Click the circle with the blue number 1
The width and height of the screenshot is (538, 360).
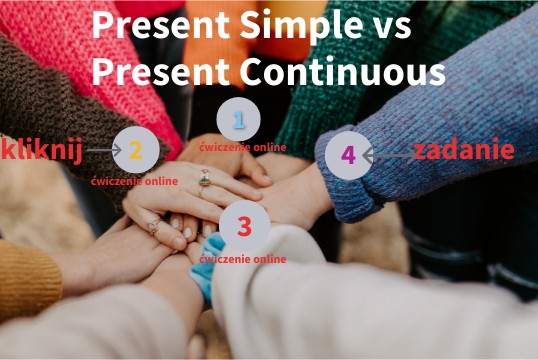click(x=238, y=119)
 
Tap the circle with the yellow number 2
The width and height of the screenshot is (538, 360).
click(x=136, y=150)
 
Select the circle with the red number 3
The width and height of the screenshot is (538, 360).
click(x=244, y=226)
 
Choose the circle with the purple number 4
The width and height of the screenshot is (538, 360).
click(x=348, y=155)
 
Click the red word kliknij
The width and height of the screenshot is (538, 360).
click(x=42, y=150)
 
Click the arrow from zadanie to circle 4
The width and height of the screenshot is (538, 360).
click(x=388, y=155)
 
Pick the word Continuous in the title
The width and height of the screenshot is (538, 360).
click(x=340, y=71)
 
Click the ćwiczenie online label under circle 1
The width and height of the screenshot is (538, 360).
click(x=242, y=147)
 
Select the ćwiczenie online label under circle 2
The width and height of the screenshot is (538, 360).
click(x=134, y=181)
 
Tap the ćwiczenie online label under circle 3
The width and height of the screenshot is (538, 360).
click(x=243, y=259)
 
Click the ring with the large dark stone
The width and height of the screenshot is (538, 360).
click(x=204, y=179)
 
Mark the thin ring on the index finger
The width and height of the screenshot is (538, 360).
click(x=155, y=228)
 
